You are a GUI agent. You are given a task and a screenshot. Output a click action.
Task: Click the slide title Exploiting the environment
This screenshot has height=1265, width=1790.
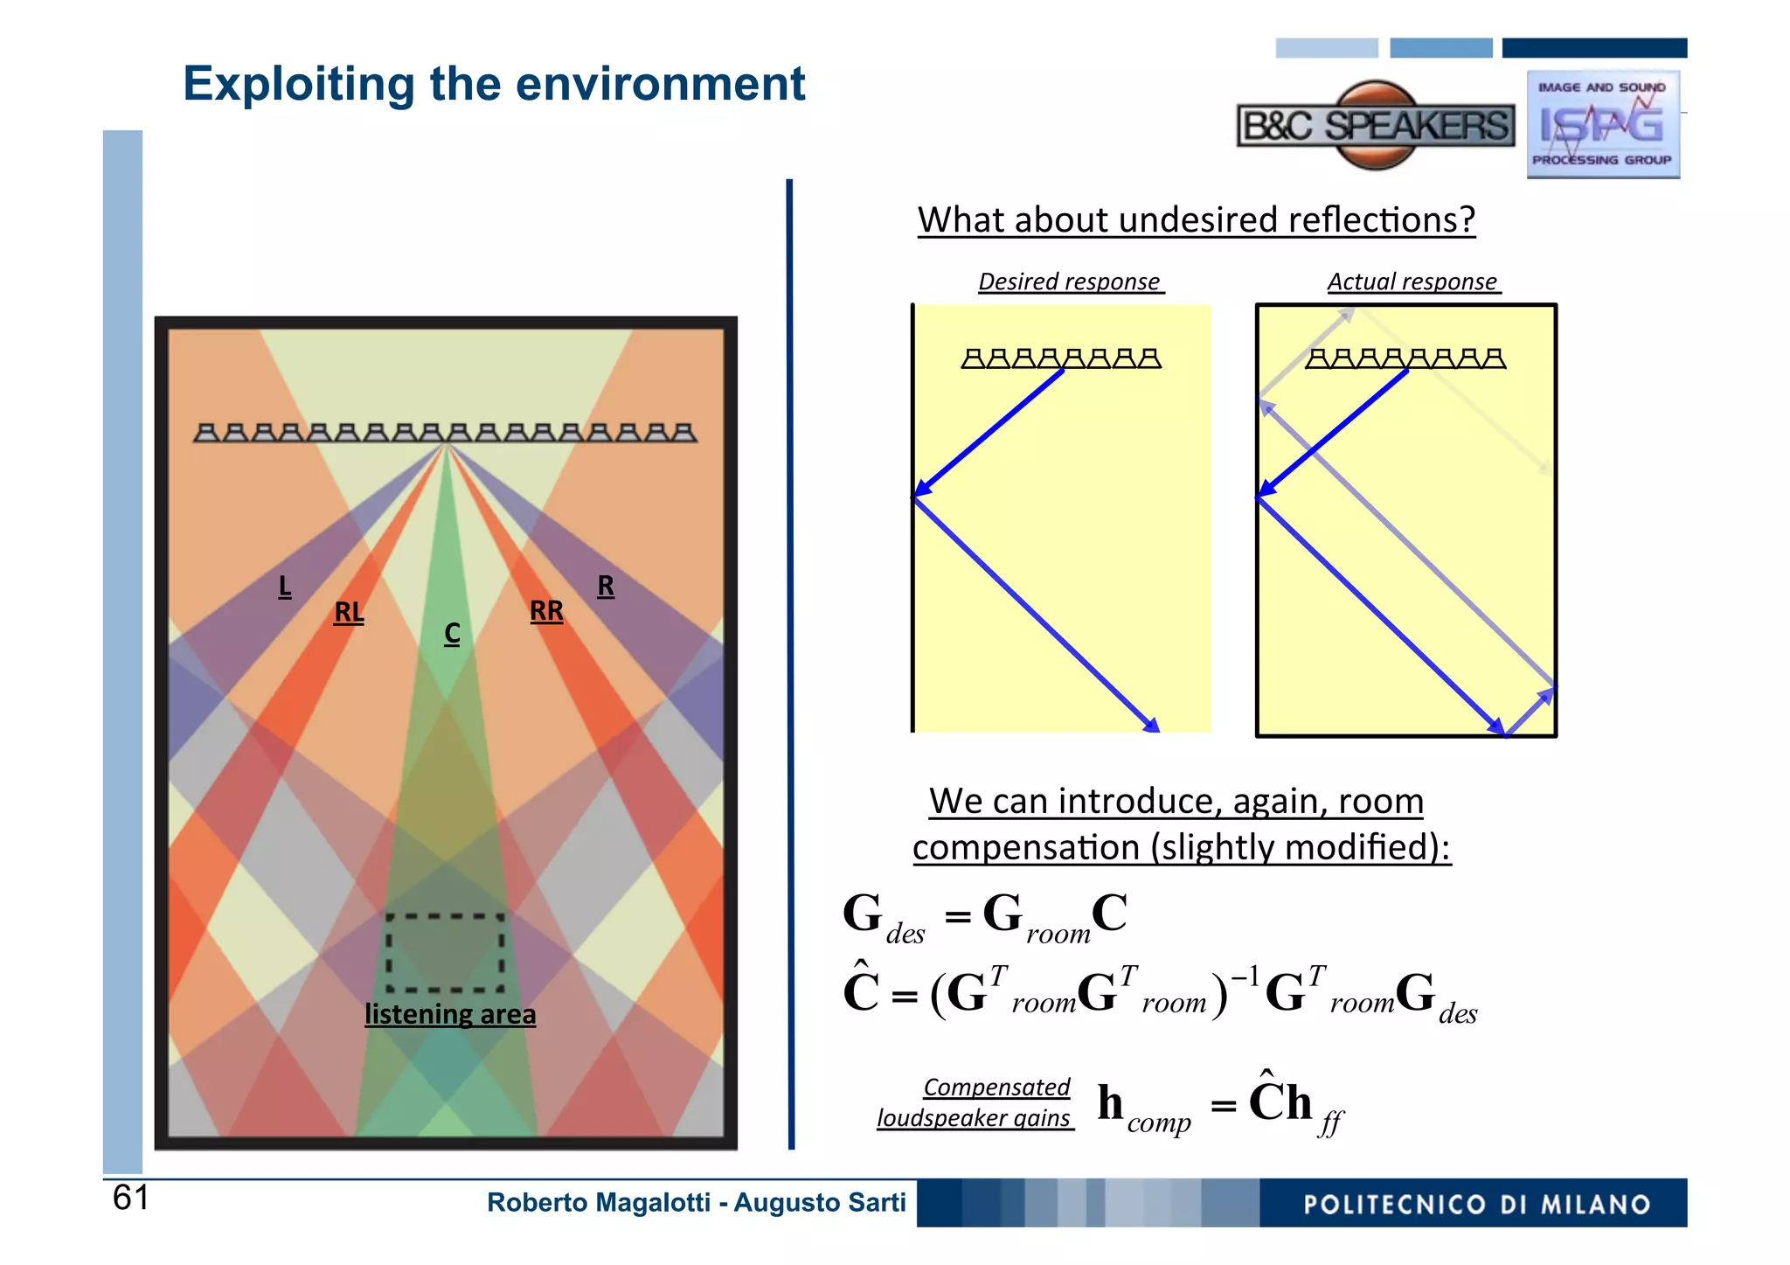point(494,85)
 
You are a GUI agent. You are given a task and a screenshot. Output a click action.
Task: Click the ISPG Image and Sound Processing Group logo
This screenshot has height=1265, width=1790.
point(1602,125)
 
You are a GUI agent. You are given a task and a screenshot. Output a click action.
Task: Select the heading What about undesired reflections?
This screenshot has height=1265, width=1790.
point(1196,219)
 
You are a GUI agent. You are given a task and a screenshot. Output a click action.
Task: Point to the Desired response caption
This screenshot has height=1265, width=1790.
point(1070,281)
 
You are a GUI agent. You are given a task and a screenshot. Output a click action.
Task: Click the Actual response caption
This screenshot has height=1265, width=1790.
point(1412,281)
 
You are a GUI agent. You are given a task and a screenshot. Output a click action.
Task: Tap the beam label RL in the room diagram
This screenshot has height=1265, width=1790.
point(349,612)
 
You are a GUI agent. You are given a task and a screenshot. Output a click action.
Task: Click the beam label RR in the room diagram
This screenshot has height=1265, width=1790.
point(546,610)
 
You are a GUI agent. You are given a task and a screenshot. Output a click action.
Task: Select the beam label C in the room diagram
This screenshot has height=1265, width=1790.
point(452,633)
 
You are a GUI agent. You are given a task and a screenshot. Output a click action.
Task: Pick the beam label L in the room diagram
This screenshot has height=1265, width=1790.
point(285,586)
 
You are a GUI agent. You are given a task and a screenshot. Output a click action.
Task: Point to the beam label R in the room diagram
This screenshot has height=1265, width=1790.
point(606,585)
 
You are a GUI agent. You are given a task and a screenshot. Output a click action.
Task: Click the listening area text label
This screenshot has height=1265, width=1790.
point(450,1014)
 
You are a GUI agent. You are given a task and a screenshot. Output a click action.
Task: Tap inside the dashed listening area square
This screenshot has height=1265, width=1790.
point(446,953)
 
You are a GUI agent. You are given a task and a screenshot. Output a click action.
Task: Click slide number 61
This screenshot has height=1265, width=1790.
point(131,1198)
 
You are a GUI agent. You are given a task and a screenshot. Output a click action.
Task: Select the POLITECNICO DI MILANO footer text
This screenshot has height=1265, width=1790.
point(1476,1205)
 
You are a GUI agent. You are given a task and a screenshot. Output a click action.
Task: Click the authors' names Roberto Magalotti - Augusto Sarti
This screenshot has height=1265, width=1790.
point(696,1203)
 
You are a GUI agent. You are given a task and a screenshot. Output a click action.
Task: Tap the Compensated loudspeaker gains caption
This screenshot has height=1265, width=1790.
point(975,1102)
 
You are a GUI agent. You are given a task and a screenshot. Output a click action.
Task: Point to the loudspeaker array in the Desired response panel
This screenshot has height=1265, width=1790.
point(1061,358)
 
